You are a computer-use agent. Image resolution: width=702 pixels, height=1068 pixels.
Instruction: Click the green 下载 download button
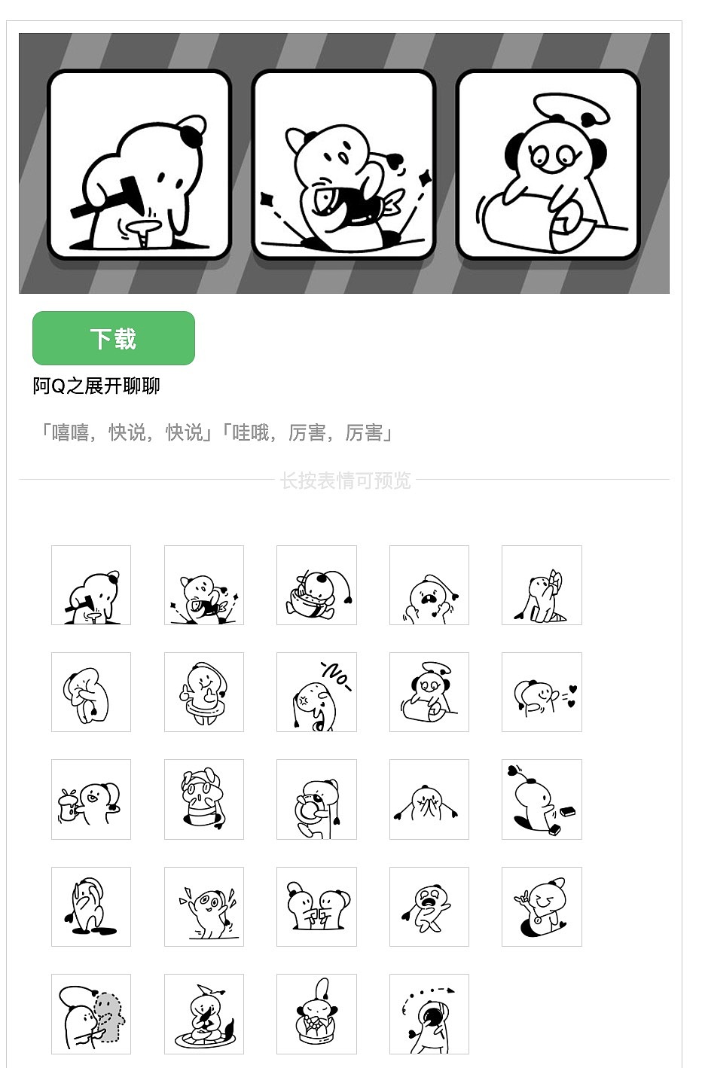point(114,338)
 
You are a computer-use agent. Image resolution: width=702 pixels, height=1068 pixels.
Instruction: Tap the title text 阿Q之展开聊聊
point(96,386)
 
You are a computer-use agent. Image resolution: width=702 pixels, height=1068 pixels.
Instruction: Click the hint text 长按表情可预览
point(345,481)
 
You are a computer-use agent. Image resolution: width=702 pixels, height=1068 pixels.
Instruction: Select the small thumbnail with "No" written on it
point(316,692)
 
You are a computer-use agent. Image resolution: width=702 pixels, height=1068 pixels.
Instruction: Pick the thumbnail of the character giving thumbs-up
point(203,692)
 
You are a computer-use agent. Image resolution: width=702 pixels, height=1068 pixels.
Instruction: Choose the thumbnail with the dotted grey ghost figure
point(91,1014)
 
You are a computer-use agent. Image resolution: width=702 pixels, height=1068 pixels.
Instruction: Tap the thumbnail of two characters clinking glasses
point(316,907)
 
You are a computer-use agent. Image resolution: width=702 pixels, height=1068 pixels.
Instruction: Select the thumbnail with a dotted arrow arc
point(429,1014)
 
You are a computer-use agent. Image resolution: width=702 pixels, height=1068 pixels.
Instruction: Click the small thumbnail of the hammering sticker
point(91,585)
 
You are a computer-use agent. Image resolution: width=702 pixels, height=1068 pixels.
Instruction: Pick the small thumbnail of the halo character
point(429,692)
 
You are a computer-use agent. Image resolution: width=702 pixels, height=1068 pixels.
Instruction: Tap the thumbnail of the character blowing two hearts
point(542,692)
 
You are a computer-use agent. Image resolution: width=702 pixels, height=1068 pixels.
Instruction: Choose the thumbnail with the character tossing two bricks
point(542,799)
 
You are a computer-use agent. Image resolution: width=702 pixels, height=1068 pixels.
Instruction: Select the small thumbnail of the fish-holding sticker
point(203,585)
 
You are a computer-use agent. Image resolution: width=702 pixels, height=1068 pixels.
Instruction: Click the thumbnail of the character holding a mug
point(91,799)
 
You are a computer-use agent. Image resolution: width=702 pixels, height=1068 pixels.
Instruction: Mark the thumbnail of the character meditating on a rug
point(203,1014)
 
